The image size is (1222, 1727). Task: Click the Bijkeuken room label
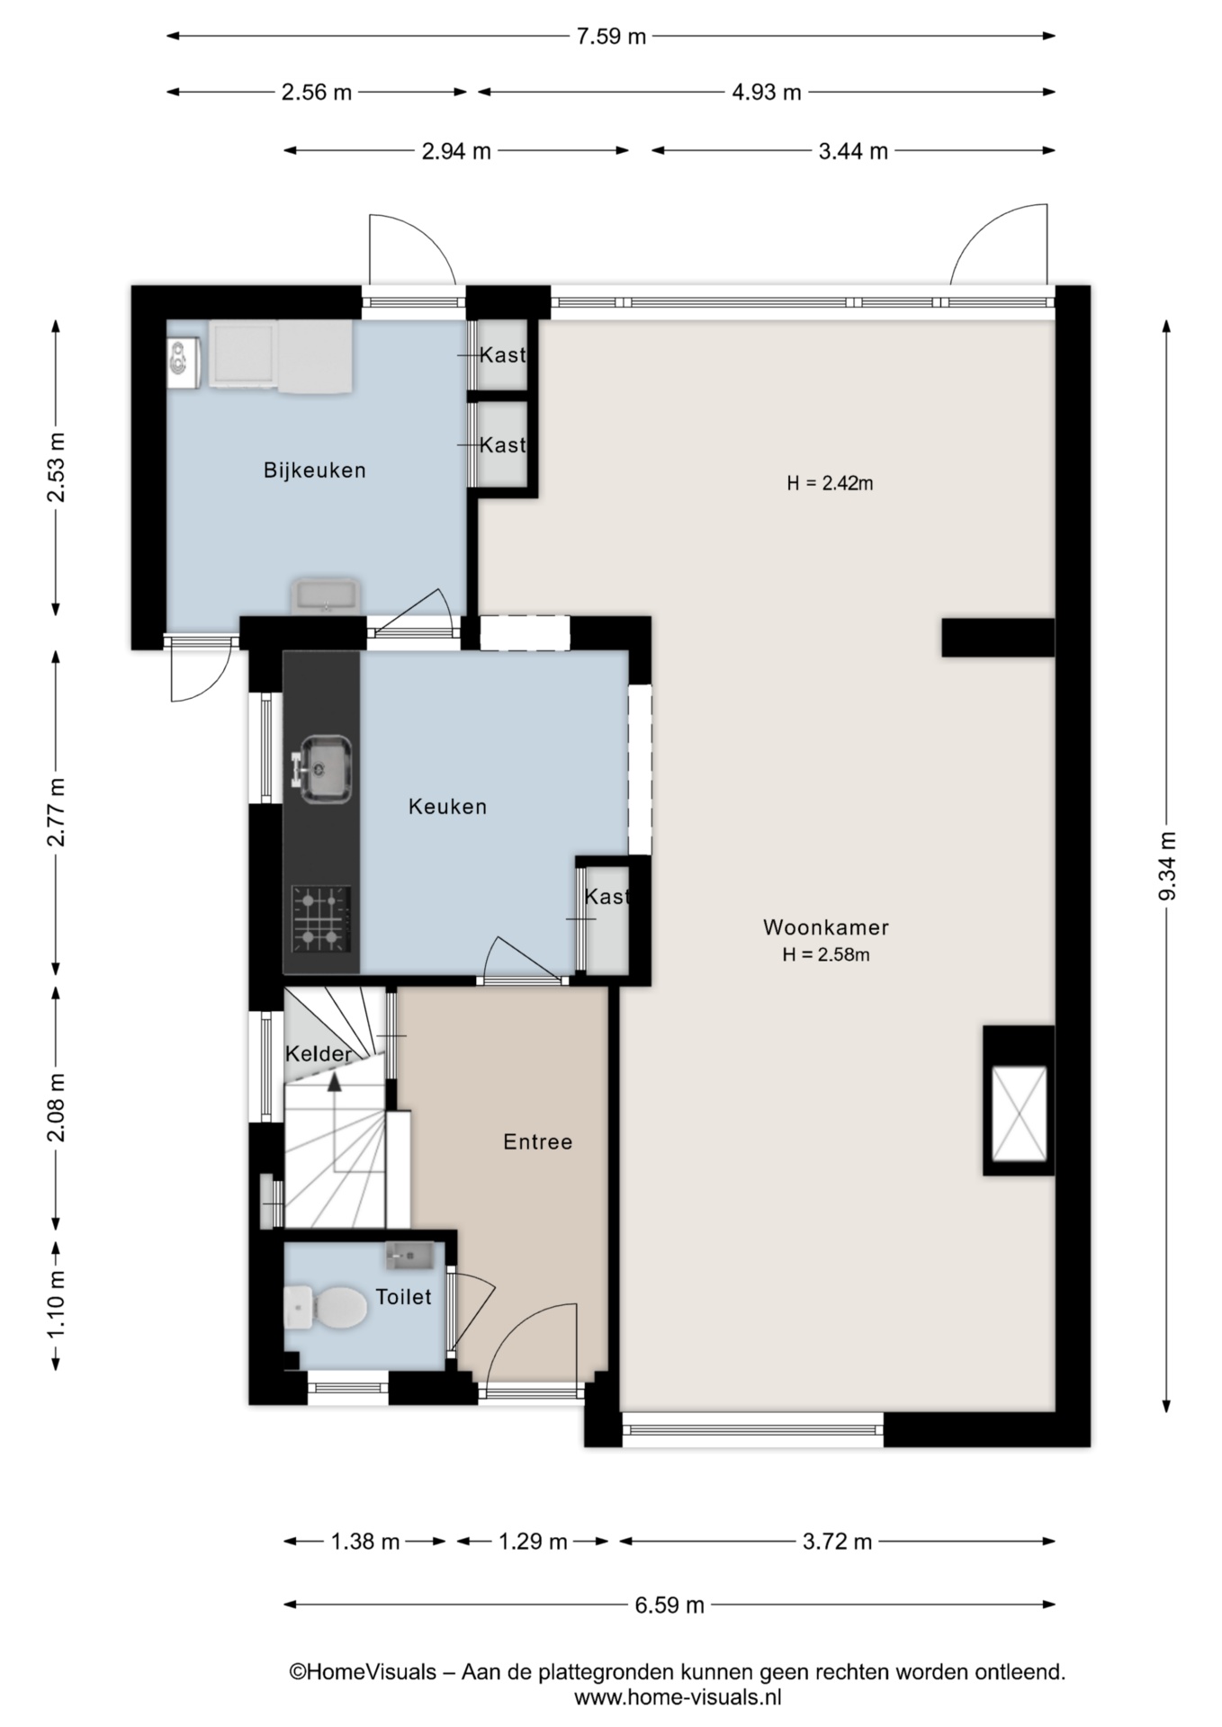(314, 470)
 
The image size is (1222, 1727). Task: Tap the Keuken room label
(447, 806)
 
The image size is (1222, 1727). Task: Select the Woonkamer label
(826, 926)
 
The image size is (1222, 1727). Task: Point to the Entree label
(537, 1141)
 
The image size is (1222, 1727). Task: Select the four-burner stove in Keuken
(321, 918)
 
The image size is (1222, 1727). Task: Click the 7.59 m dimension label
(611, 37)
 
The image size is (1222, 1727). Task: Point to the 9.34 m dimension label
(1167, 865)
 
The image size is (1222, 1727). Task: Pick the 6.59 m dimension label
(669, 1605)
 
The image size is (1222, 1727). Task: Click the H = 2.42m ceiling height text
(830, 483)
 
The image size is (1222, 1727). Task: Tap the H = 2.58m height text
(826, 955)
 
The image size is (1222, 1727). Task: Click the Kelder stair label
(319, 1053)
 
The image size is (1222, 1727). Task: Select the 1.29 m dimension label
(533, 1542)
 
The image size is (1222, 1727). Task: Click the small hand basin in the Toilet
(409, 1255)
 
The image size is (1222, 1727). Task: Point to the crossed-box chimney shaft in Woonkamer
(1019, 1114)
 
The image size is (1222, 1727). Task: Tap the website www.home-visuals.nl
(678, 1697)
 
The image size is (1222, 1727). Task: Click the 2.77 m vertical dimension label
(56, 812)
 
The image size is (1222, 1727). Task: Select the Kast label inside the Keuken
(606, 896)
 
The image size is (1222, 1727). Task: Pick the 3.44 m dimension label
(853, 151)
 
